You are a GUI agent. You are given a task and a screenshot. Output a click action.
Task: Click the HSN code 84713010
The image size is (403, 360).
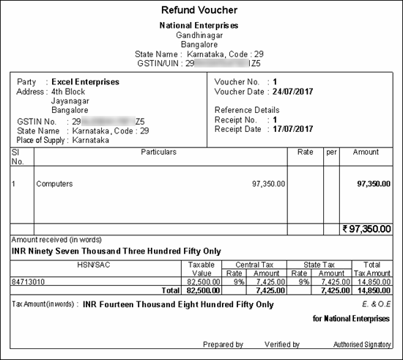[x=30, y=280]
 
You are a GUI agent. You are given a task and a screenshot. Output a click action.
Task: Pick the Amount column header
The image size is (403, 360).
[x=366, y=153]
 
